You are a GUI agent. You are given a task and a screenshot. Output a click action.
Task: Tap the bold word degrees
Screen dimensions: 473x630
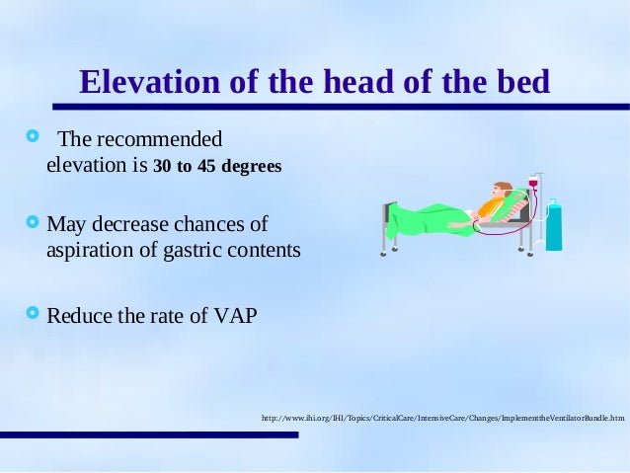click(251, 165)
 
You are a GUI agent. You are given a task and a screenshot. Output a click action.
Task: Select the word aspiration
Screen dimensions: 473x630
click(93, 250)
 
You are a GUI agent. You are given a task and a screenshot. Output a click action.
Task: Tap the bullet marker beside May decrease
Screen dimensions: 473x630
click(33, 222)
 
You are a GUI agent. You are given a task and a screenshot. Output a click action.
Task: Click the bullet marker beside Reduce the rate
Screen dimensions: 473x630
click(33, 315)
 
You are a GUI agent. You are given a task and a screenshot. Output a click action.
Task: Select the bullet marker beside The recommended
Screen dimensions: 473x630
click(33, 134)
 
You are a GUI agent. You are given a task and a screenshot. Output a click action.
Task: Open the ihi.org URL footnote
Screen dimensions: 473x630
click(442, 419)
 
